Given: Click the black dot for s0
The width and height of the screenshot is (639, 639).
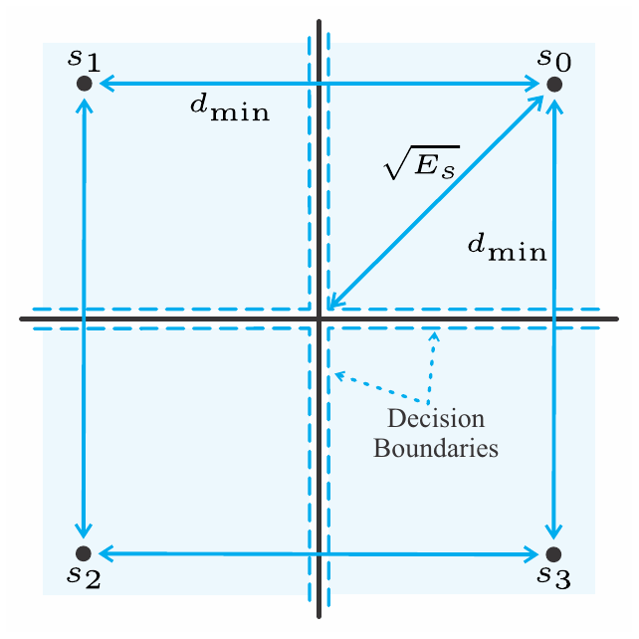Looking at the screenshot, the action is (x=554, y=85).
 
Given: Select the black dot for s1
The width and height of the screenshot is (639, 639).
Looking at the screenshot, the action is (x=85, y=84).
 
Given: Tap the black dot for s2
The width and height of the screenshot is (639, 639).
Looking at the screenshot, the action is (x=84, y=553).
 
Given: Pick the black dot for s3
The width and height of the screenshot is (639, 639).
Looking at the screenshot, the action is (x=553, y=554).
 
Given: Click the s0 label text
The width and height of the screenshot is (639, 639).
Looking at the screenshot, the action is (x=554, y=60).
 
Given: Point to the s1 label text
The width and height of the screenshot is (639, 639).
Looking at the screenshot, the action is (x=84, y=60).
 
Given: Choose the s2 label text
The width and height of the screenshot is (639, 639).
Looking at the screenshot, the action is (x=84, y=577).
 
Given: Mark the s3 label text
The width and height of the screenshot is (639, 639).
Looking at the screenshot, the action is (x=553, y=577).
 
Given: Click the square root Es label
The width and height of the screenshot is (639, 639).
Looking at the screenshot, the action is (x=422, y=162).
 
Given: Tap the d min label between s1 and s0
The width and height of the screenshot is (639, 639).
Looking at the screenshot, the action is (x=230, y=108).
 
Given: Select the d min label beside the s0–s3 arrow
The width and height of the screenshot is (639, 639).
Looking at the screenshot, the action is (x=507, y=248).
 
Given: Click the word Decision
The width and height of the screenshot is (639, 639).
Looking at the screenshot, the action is (x=436, y=418).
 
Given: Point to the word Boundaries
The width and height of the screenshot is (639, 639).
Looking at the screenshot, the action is (x=436, y=448).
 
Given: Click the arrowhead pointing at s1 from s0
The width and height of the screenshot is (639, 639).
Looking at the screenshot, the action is (x=106, y=84).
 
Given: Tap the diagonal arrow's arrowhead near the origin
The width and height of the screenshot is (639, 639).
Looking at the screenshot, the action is (x=335, y=302).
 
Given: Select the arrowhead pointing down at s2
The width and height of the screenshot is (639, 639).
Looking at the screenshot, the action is (x=84, y=531).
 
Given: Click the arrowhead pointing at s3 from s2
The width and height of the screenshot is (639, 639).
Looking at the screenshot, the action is (x=531, y=554).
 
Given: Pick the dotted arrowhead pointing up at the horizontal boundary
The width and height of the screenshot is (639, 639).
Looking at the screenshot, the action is (x=434, y=336).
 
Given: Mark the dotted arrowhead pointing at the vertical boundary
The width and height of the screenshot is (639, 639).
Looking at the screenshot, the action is (x=339, y=375).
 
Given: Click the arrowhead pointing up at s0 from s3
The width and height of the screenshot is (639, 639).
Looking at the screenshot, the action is (x=554, y=106).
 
